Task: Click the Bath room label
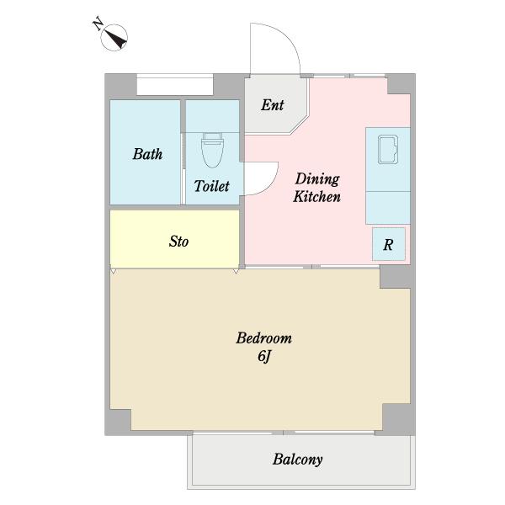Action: coord(147,154)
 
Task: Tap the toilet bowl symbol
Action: coord(213,150)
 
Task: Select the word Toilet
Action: coord(211,186)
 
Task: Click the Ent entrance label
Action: coord(273,105)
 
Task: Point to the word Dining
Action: coord(317,179)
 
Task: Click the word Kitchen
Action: coord(317,196)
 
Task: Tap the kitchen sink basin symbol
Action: coord(388,150)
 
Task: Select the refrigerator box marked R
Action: coord(388,244)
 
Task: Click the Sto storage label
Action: coord(178,242)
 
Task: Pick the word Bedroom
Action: coord(264,338)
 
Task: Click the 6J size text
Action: coord(264,356)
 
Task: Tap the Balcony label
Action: coord(298,460)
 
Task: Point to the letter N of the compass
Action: coord(98,24)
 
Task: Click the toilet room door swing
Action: coord(272,183)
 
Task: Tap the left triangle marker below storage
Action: coord(113,271)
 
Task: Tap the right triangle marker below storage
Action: coord(236,271)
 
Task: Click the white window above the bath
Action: coord(175,85)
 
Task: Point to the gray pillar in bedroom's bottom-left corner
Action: coord(118,422)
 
